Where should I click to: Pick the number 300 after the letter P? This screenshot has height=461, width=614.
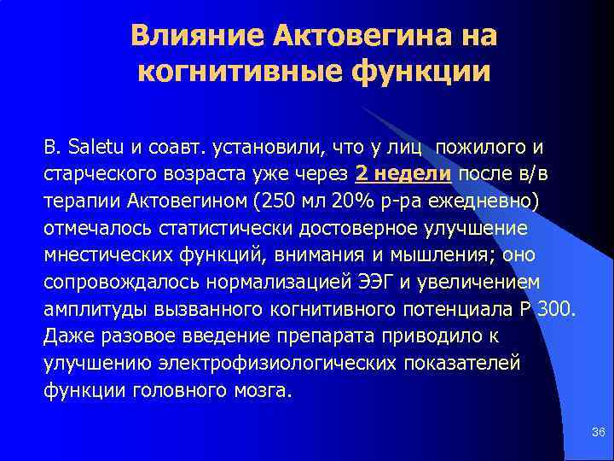[x=559, y=309]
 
